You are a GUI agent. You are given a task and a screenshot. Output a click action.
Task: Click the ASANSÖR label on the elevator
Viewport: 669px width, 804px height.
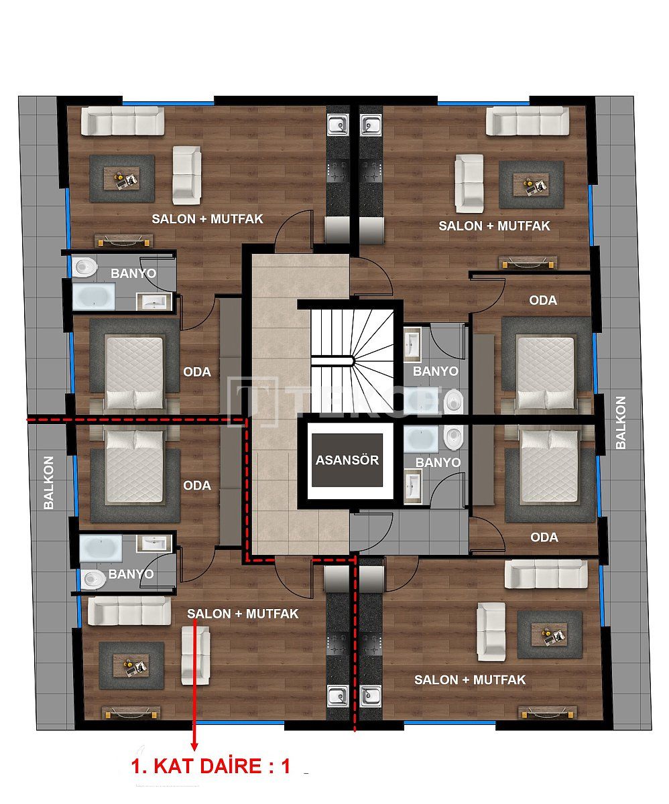(x=347, y=460)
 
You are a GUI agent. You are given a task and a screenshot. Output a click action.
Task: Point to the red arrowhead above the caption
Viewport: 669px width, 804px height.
(x=195, y=744)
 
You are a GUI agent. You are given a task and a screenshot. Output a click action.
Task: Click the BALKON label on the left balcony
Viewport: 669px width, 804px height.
(x=48, y=482)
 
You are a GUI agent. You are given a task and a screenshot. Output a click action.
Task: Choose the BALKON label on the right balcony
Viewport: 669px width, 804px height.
(x=620, y=422)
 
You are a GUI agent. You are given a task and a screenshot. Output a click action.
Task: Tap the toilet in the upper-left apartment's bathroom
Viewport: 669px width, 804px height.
(x=85, y=267)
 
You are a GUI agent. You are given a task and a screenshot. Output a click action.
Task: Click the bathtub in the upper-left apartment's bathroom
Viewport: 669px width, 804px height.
(x=94, y=296)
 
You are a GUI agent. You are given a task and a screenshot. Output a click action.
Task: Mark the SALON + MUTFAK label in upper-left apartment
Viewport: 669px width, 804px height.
(x=207, y=218)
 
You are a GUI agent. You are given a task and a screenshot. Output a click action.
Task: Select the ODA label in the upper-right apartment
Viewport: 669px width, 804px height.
(x=543, y=300)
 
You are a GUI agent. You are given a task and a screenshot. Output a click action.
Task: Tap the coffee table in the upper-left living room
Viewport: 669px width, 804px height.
(x=121, y=180)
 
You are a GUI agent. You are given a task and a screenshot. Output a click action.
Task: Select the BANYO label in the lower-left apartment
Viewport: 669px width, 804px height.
(x=131, y=574)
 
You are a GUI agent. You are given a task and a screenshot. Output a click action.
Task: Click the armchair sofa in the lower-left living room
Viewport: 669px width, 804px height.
(x=195, y=650)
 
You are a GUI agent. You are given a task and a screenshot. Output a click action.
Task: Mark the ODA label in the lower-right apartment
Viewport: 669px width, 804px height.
(x=544, y=537)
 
